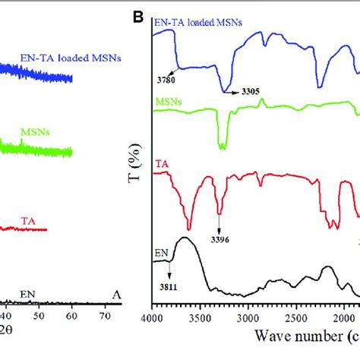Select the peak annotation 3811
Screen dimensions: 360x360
(x=169, y=288)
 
